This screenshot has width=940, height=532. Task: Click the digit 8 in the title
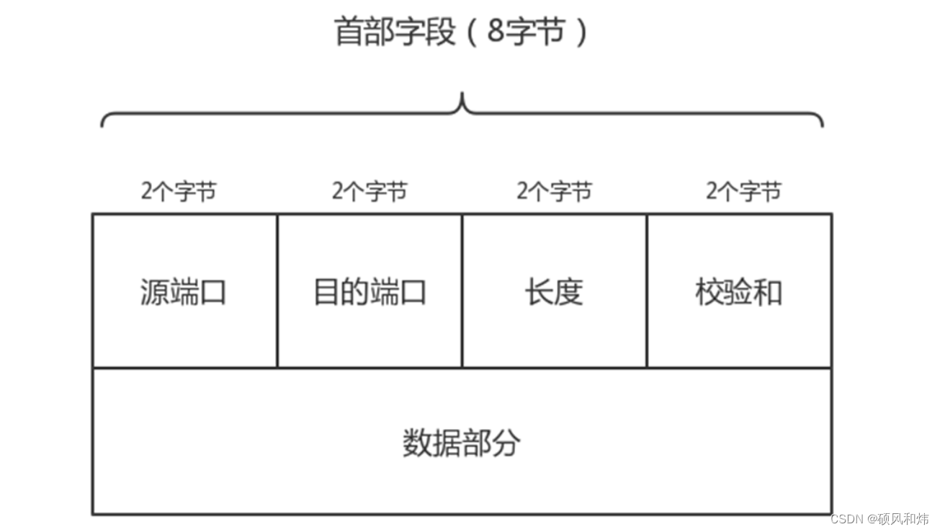click(496, 32)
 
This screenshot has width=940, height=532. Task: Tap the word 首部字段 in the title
click(395, 32)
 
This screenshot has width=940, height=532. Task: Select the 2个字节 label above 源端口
click(179, 192)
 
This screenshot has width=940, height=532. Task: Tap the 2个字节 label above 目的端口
click(370, 192)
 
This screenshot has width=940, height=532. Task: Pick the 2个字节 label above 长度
click(554, 192)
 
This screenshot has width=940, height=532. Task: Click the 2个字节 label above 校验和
click(743, 192)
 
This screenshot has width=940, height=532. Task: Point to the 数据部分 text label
click(461, 443)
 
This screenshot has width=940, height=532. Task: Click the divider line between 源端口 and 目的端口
click(277, 291)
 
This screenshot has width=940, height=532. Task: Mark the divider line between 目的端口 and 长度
click(462, 291)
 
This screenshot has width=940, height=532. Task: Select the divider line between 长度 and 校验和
click(647, 291)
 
